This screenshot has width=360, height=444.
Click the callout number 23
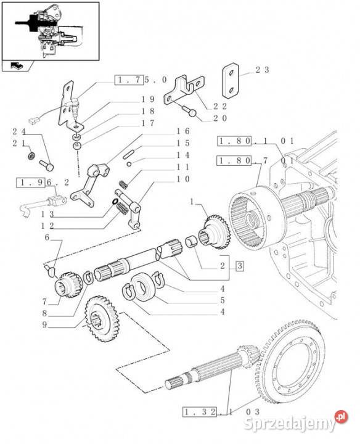(x=263, y=70)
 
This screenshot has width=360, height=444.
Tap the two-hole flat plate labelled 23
(x=231, y=81)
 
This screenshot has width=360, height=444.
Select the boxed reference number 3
(x=240, y=266)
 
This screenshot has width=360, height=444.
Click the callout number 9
(x=44, y=324)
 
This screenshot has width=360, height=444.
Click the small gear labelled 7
(x=68, y=285)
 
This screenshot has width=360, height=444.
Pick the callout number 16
(x=183, y=131)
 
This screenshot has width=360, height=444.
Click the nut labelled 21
(x=31, y=155)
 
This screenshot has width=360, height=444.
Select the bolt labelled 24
(x=46, y=165)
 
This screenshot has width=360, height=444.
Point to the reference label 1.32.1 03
(x=221, y=412)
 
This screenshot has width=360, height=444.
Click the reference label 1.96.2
(x=43, y=183)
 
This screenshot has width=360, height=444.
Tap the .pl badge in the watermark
(x=342, y=417)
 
